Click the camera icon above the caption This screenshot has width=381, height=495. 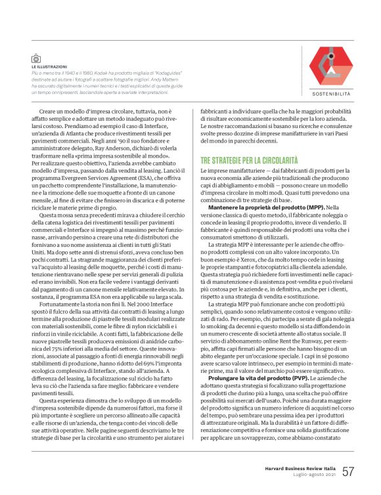35,58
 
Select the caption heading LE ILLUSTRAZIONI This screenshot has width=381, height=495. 49,67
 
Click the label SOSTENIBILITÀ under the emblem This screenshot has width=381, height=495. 331,94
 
